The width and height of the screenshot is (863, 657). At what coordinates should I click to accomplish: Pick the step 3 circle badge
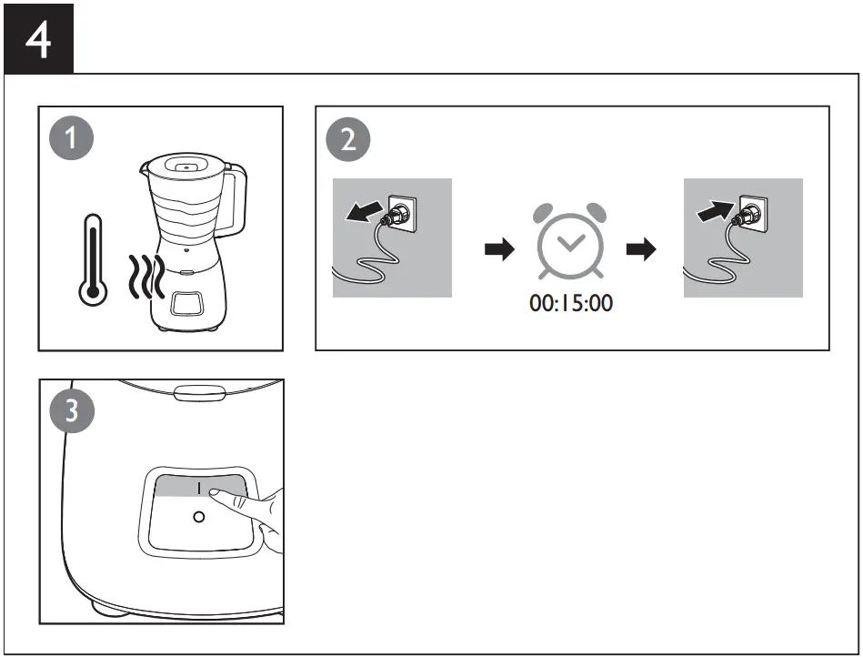(x=72, y=411)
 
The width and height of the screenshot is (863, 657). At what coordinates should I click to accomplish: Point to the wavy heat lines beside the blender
(x=144, y=278)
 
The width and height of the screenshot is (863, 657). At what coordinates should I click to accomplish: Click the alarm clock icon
(x=570, y=239)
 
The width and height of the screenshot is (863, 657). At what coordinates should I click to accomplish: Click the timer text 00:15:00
(x=571, y=303)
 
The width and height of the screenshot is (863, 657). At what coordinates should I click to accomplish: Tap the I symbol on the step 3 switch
(x=199, y=489)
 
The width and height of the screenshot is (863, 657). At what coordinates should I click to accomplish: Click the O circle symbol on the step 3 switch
(x=199, y=516)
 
